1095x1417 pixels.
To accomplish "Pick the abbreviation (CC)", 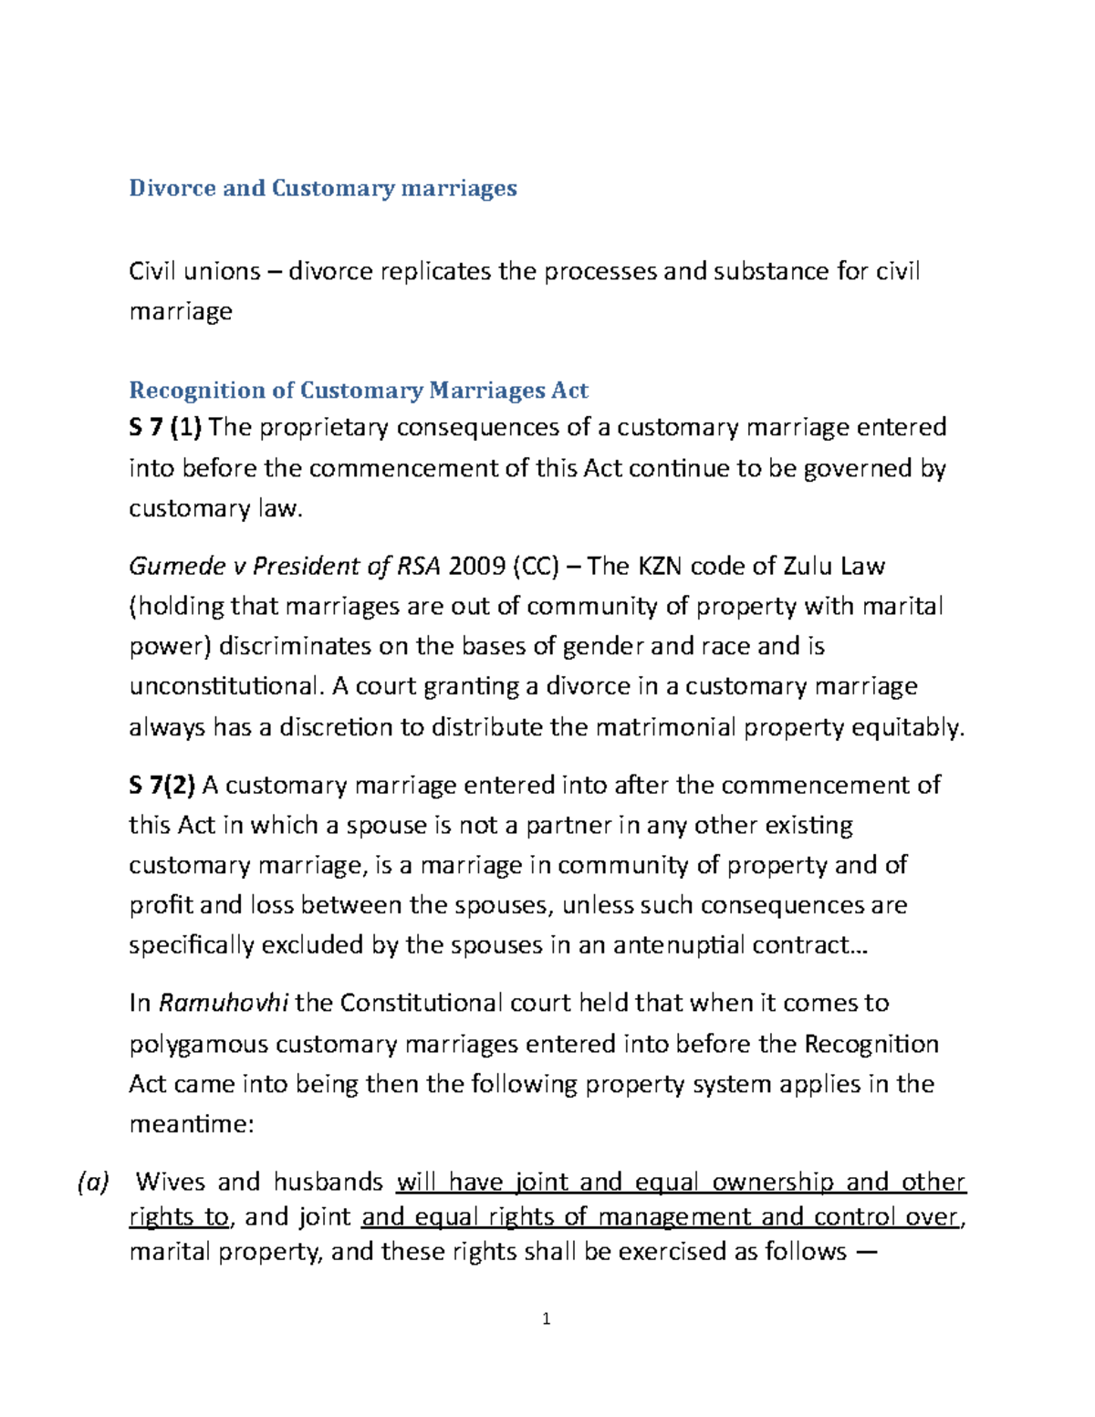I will pos(537,567).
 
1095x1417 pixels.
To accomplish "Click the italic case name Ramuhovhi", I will pos(224,1003).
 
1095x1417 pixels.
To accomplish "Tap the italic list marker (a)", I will pos(92,1183).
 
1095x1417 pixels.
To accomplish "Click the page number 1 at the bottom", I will pos(546,1318).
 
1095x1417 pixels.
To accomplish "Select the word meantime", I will pos(190,1124).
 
